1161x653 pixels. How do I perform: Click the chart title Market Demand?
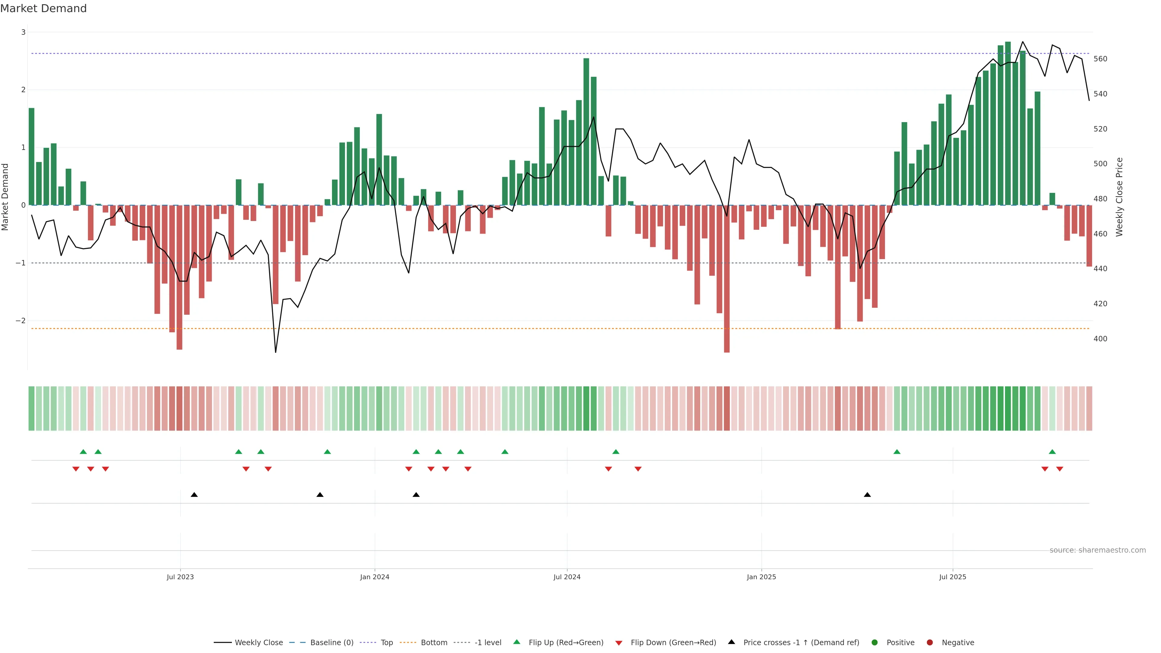[x=43, y=8]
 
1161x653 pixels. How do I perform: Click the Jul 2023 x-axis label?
[x=180, y=577]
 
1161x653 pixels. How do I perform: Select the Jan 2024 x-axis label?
[x=375, y=577]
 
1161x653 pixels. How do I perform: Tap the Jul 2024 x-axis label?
[x=567, y=577]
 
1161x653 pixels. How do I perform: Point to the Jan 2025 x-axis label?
[x=761, y=577]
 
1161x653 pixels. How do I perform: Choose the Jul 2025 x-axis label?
[x=952, y=577]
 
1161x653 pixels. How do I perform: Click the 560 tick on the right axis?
[x=1100, y=59]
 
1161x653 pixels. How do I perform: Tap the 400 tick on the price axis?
[x=1100, y=339]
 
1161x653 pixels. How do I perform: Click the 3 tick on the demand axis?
[x=24, y=32]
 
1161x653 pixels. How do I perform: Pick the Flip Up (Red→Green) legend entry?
[x=566, y=643]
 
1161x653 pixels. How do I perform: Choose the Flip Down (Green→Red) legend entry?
[x=673, y=643]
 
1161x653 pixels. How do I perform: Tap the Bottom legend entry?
[x=434, y=643]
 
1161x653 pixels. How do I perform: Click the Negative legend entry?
[x=958, y=643]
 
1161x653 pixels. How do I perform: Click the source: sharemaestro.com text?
[x=1098, y=550]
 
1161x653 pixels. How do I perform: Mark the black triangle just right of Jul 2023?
[x=194, y=495]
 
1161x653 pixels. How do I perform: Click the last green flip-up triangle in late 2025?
[x=1052, y=452]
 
